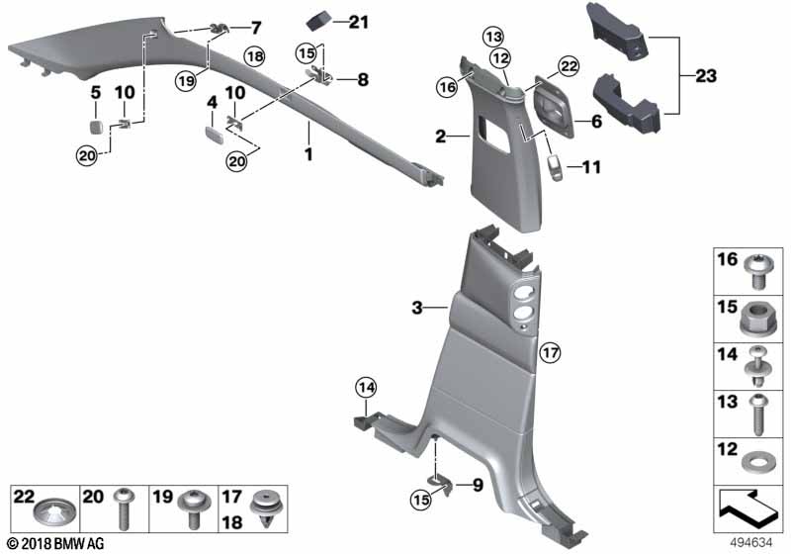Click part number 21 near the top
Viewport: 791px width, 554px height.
click(x=359, y=22)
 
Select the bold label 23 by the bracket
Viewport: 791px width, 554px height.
click(x=706, y=76)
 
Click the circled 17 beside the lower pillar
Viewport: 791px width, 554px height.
click(x=550, y=351)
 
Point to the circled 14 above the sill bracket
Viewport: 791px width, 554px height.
click(x=366, y=388)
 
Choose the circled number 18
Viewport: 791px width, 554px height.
click(x=255, y=56)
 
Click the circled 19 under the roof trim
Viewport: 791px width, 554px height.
click(x=186, y=81)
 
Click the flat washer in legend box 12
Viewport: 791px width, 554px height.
click(x=755, y=462)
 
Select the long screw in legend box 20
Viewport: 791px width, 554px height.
click(x=123, y=509)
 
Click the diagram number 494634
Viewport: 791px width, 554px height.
click(x=751, y=542)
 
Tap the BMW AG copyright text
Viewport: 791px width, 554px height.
click(x=56, y=543)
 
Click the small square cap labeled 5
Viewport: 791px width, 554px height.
click(x=95, y=126)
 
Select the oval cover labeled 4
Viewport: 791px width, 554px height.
click(x=214, y=135)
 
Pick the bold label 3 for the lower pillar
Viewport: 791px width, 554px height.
click(x=416, y=308)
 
